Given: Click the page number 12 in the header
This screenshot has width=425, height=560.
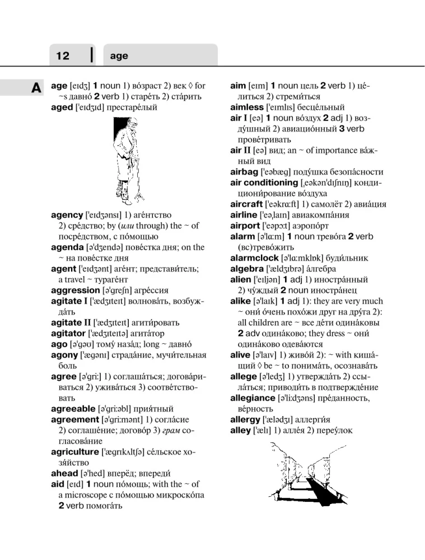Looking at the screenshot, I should point(63,56).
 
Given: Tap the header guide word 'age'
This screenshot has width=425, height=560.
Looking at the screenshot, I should point(119,57).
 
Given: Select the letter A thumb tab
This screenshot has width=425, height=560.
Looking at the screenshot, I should point(35,88).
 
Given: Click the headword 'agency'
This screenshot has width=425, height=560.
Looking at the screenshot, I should point(67,215).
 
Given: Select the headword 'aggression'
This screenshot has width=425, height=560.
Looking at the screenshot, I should point(74,291).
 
